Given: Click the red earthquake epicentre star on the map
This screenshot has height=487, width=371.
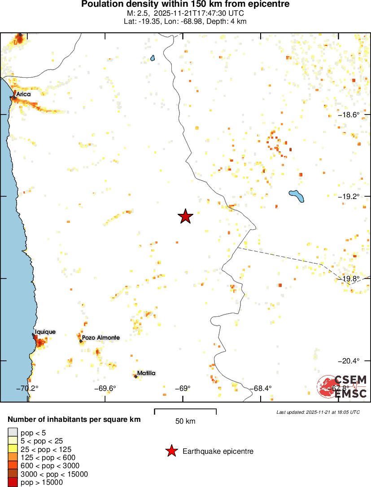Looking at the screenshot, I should click(x=185, y=217).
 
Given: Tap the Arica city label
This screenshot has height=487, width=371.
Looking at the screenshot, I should click(x=23, y=94).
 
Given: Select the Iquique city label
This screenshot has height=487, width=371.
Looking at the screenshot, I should click(x=45, y=332).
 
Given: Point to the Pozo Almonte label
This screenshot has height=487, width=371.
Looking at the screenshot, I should click(x=100, y=337).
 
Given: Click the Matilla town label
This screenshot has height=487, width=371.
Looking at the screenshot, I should click(x=146, y=373).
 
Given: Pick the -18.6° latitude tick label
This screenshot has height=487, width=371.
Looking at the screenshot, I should click(x=349, y=115).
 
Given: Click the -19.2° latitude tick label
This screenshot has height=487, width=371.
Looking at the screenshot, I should click(x=349, y=197).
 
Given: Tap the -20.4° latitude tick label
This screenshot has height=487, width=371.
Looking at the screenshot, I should click(x=349, y=361).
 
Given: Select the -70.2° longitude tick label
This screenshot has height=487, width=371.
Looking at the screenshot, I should click(x=28, y=389).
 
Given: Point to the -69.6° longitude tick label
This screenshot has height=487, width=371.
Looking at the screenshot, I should click(x=105, y=389).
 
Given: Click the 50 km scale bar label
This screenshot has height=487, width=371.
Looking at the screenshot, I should click(x=185, y=421).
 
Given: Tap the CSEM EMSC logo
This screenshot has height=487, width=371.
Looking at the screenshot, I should click(x=342, y=386).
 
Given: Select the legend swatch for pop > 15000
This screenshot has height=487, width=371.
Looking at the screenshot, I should click(x=12, y=483).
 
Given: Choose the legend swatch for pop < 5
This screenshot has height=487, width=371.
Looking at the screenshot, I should click(x=12, y=433).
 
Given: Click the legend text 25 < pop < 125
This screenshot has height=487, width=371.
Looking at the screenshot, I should click(x=46, y=449).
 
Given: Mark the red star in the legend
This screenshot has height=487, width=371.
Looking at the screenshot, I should click(x=171, y=451).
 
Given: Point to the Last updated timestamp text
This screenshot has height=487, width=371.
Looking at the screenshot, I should click(x=318, y=412).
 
